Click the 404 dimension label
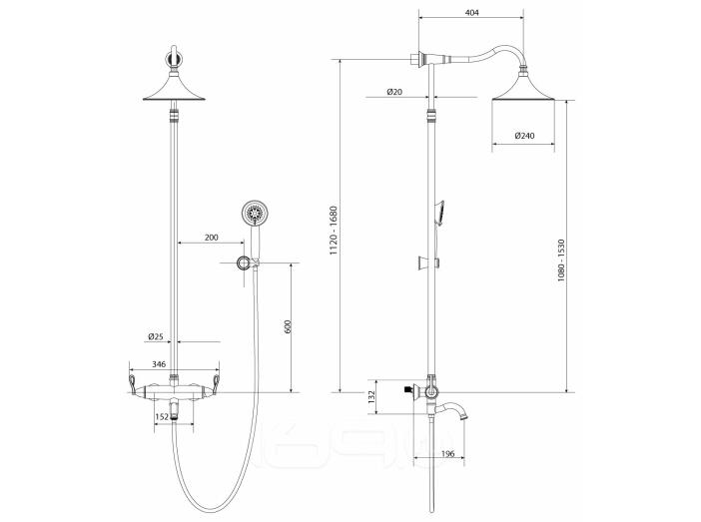[471, 13]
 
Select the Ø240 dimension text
[524, 136]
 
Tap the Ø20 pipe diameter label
[394, 92]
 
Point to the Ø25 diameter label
[156, 336]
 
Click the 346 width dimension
[159, 364]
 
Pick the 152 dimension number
[162, 417]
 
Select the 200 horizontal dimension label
[212, 238]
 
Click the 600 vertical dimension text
[288, 326]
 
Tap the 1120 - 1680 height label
[334, 231]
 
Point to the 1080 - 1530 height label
[561, 261]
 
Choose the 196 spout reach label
[447, 454]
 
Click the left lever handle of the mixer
[133, 385]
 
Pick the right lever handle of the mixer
[216, 385]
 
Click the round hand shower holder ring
[244, 262]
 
